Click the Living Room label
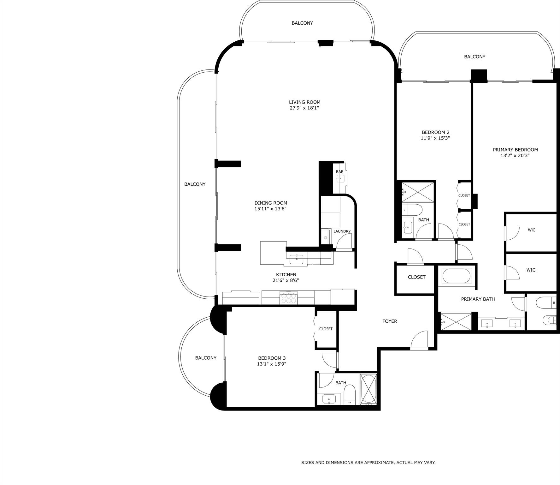pyautogui.click(x=304, y=102)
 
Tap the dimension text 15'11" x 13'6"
pyautogui.click(x=270, y=209)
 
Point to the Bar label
pyautogui.click(x=339, y=172)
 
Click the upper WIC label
pyautogui.click(x=531, y=230)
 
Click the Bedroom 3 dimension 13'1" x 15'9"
pyautogui.click(x=272, y=364)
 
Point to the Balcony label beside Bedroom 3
pyautogui.click(x=206, y=358)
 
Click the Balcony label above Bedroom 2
pyautogui.click(x=475, y=57)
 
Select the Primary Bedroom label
pyautogui.click(x=515, y=150)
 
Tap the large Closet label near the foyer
pyautogui.click(x=416, y=277)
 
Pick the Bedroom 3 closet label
pyautogui.click(x=326, y=329)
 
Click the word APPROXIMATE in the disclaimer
pyautogui.click(x=375, y=463)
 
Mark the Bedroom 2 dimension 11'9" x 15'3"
pyautogui.click(x=435, y=138)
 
